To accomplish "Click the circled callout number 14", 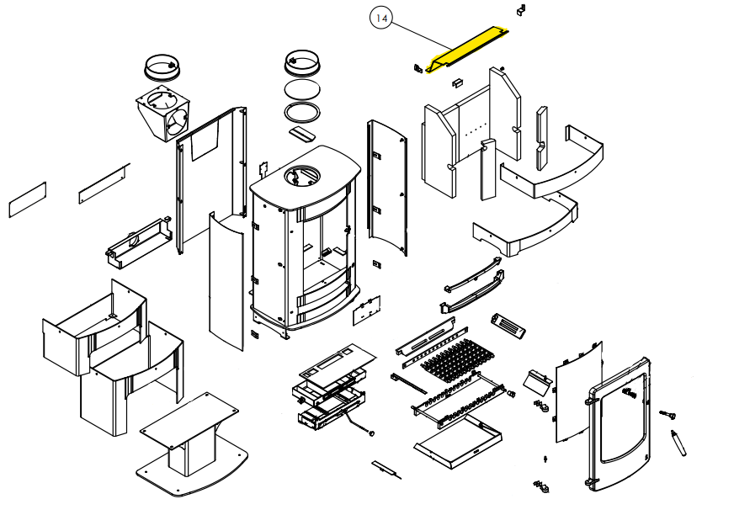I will [381, 19].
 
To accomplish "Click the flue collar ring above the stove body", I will [302, 62].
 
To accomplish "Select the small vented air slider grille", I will [508, 326].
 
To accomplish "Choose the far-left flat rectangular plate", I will [27, 199].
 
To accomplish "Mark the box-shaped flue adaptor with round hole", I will [162, 114].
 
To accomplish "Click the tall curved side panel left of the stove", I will [224, 283].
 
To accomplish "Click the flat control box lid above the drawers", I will [336, 359].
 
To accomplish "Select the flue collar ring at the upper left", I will [162, 66].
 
